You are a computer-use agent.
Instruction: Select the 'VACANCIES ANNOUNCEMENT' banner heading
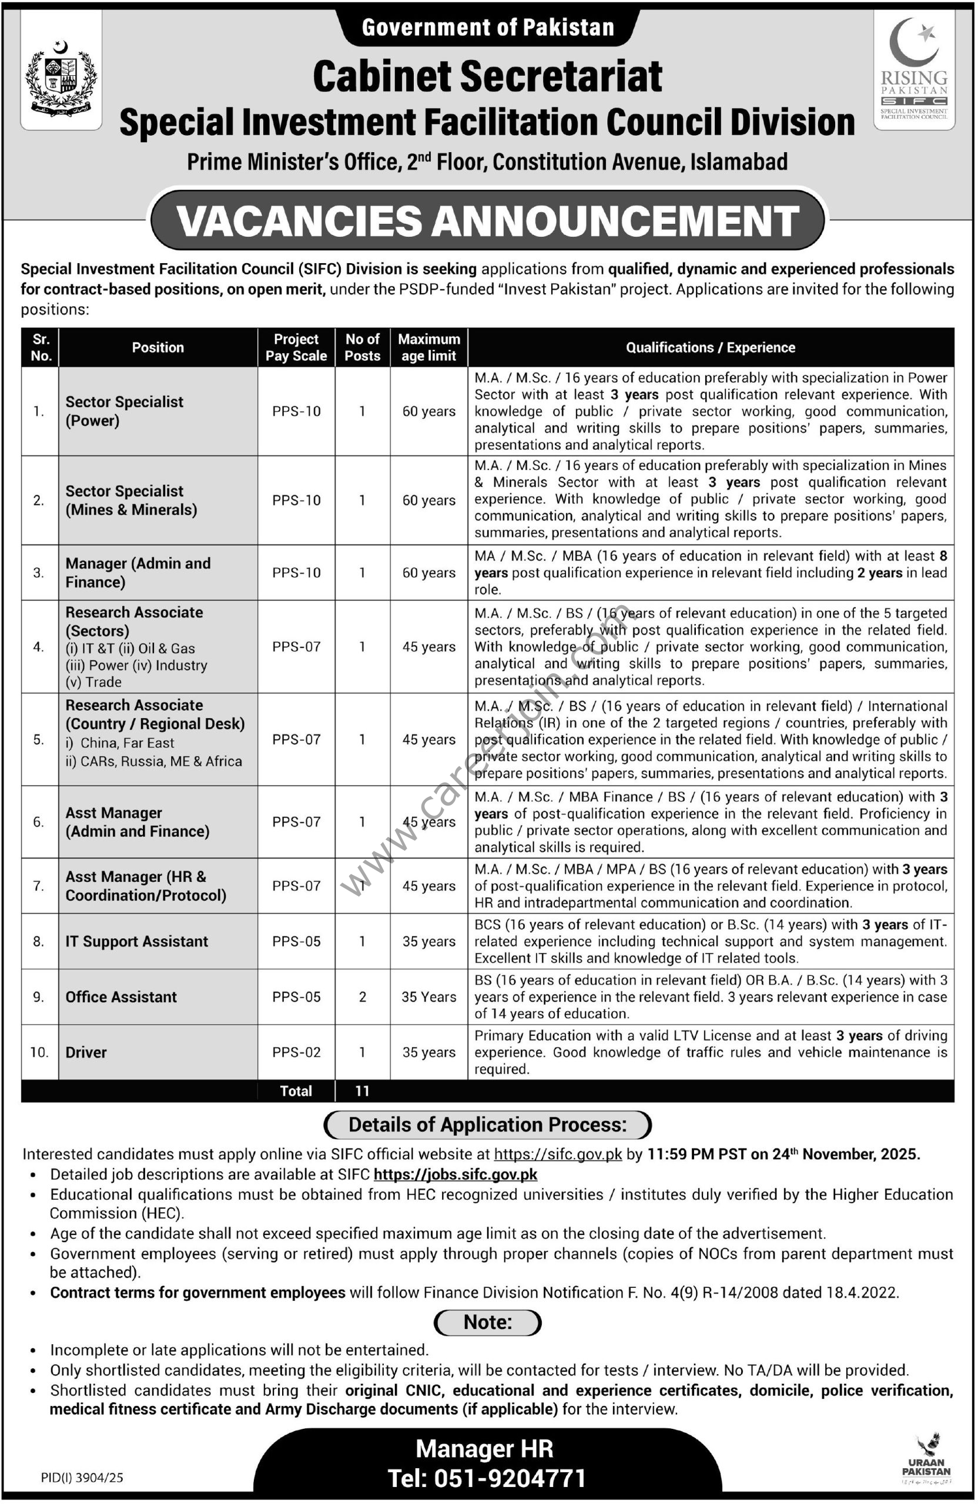487,220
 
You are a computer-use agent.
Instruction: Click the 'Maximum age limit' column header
428,348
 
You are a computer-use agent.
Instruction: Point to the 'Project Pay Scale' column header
296,348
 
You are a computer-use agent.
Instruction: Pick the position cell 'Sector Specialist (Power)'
125,411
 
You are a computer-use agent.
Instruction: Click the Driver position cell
86,1052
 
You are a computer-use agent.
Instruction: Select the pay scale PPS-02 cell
296,1052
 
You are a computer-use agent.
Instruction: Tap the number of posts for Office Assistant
362,996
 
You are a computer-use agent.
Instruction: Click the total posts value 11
362,1091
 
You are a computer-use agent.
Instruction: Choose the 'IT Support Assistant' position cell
136,942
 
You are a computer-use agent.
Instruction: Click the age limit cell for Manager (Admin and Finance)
428,573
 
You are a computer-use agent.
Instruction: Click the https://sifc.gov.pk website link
558,1154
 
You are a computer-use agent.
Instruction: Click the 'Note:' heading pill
487,1322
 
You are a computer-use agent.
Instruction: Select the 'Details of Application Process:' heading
487,1125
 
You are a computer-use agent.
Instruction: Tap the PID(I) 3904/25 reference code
82,1478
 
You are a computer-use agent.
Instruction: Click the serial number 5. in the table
39,739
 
